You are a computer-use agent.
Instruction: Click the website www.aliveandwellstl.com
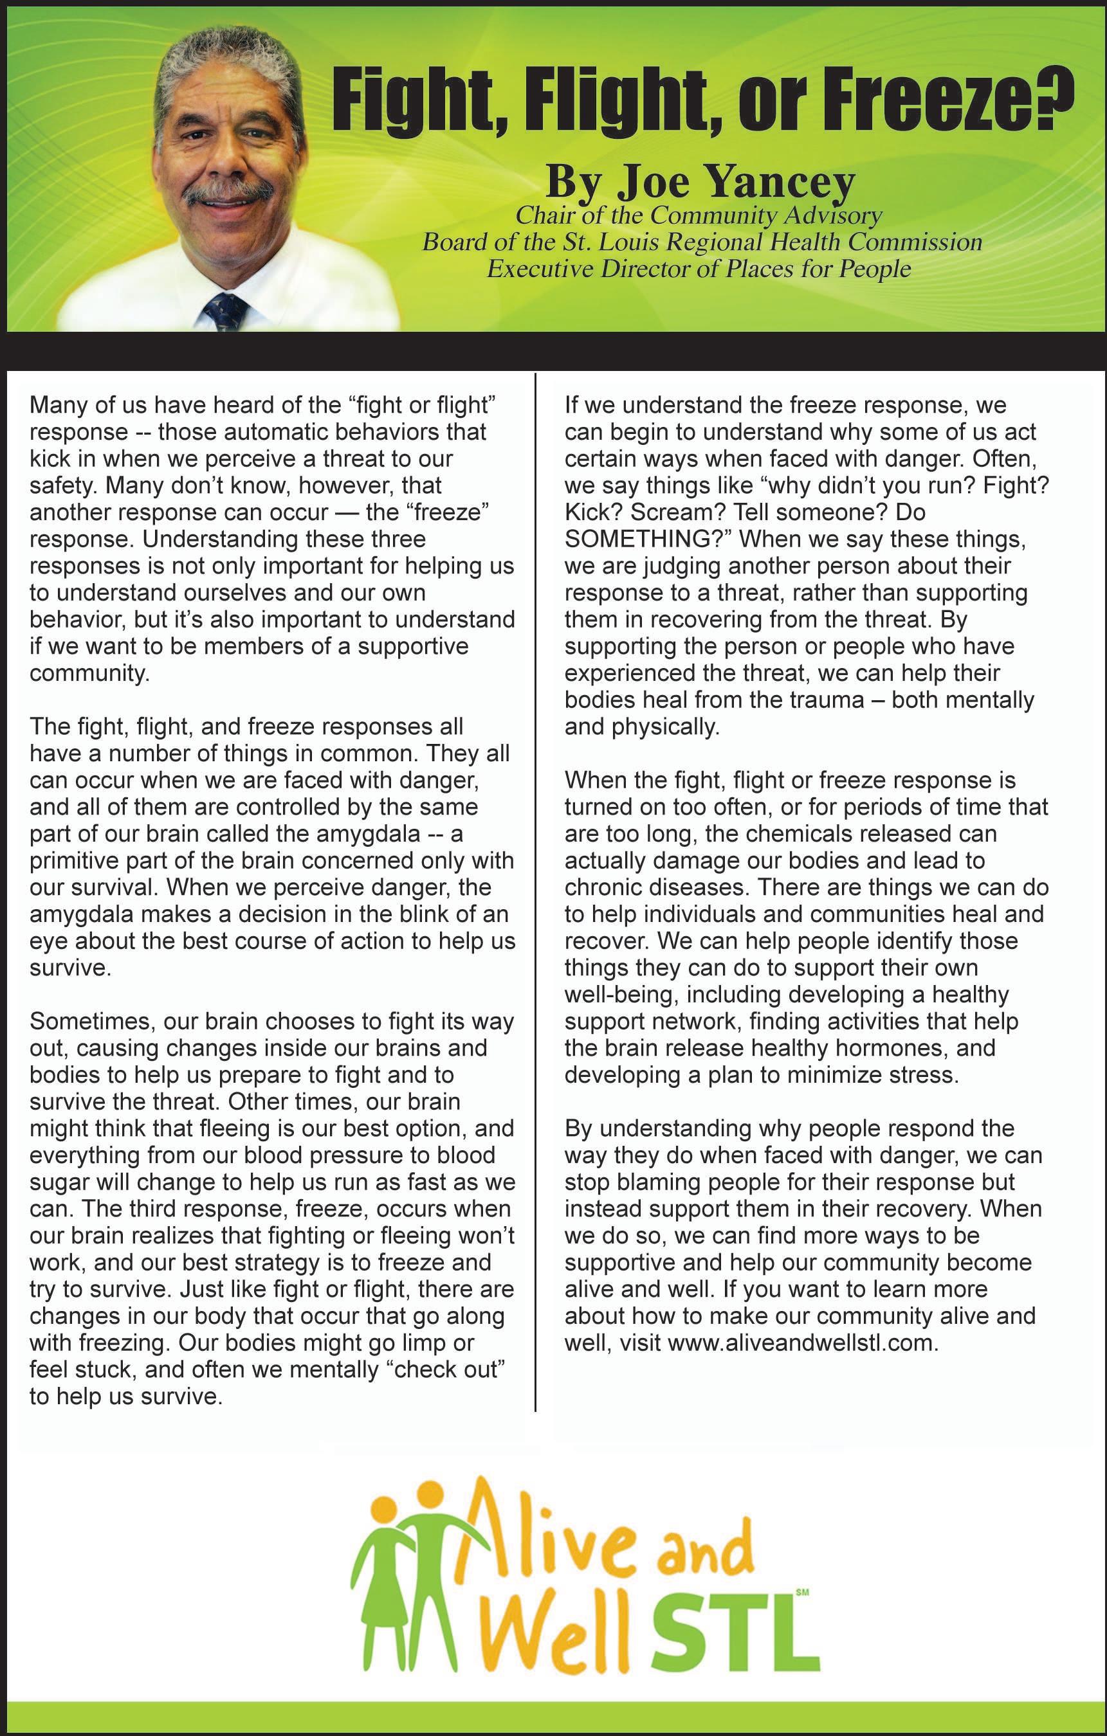802,1344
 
